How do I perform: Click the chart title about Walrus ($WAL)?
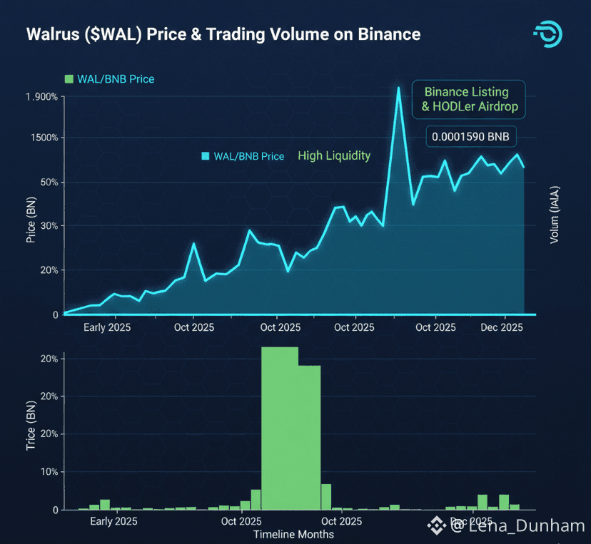point(223,34)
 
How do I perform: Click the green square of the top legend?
point(69,79)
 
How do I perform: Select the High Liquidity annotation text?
point(334,155)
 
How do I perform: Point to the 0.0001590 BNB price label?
point(471,137)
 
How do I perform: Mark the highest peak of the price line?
point(398,88)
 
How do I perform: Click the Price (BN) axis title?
point(31,221)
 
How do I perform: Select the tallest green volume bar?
point(279,428)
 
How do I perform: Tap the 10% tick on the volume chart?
point(49,472)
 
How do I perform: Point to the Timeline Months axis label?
point(293,534)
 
